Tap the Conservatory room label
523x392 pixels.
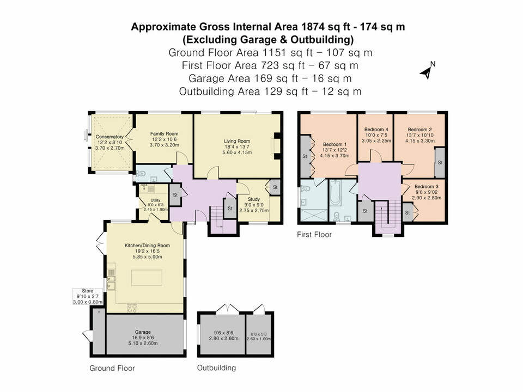[110, 137]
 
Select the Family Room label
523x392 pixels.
[164, 133]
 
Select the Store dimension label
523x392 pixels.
[84, 296]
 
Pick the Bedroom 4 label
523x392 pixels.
[375, 129]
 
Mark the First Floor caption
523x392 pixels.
[314, 235]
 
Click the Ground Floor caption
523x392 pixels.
[112, 368]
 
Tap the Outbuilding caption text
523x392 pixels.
[216, 367]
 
